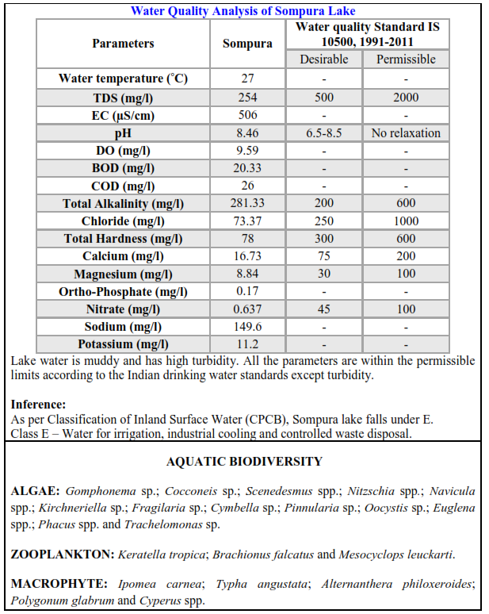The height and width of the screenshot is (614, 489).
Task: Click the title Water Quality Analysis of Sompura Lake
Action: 243,11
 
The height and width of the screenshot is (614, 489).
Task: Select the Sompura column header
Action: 247,44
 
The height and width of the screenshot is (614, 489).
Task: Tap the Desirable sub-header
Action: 323,59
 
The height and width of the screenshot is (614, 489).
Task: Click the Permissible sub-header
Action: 406,59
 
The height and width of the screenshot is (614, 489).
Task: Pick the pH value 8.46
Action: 247,133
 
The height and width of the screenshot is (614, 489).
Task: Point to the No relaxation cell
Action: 406,133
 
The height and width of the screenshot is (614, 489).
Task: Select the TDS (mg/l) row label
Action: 123,98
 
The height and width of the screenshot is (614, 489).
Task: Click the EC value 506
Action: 247,115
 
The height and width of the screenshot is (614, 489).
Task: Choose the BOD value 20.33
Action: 247,168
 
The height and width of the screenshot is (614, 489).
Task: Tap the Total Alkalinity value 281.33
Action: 247,204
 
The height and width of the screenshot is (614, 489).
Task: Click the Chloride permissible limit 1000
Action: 406,221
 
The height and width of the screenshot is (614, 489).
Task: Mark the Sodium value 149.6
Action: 247,327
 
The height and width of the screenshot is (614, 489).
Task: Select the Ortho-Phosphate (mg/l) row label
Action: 123,291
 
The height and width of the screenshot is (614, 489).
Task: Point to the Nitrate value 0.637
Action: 247,309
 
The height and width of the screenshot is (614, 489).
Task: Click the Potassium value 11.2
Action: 247,344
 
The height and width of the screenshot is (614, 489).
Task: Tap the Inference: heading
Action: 39,405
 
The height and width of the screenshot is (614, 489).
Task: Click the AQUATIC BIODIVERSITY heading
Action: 244,461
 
